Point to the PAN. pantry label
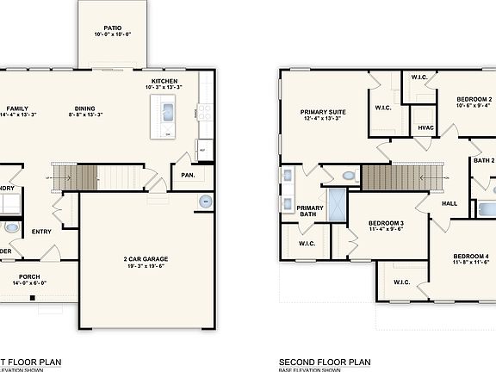[x=188, y=175]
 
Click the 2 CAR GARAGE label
[x=144, y=259]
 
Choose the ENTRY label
[x=41, y=231]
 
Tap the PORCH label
[x=29, y=276]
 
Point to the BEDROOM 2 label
[x=474, y=100]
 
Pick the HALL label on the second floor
[x=449, y=204]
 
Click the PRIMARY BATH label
[x=310, y=210]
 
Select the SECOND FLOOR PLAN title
[x=325, y=362]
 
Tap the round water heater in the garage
[x=205, y=201]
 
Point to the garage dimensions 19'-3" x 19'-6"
[x=144, y=267]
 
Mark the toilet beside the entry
[x=10, y=228]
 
